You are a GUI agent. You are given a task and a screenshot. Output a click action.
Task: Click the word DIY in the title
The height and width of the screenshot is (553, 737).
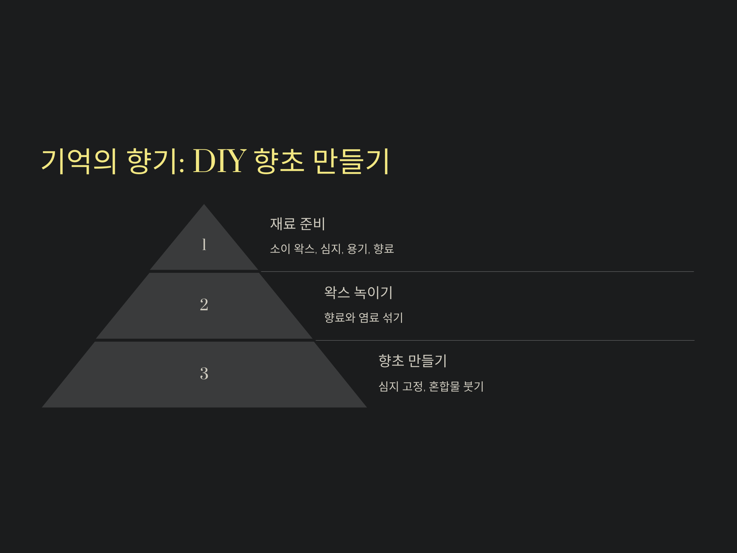pyautogui.click(x=220, y=161)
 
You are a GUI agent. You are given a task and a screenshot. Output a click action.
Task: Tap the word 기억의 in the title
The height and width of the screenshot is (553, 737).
pyautogui.click(x=79, y=161)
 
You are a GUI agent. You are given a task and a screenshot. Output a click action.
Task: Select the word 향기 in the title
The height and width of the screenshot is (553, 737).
pyautogui.click(x=152, y=161)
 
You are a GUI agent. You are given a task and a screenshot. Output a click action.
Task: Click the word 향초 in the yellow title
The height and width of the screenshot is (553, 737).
pyautogui.click(x=279, y=161)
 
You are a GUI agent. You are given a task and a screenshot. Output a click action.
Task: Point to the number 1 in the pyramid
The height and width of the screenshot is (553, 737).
pyautogui.click(x=204, y=244)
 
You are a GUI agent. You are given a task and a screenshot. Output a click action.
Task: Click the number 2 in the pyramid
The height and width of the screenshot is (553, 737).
pyautogui.click(x=204, y=305)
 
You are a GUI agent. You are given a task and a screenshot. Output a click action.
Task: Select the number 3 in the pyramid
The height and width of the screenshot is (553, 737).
pyautogui.click(x=204, y=373)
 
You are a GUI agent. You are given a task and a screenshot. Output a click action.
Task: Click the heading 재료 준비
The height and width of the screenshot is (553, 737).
pyautogui.click(x=298, y=224)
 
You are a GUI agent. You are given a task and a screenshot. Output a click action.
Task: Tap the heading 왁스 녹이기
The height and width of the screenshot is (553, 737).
pyautogui.click(x=358, y=292)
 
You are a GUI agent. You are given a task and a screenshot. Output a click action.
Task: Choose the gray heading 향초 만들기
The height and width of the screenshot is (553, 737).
pyautogui.click(x=412, y=361)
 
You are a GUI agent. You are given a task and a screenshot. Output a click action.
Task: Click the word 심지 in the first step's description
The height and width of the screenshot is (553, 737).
pyautogui.click(x=331, y=249)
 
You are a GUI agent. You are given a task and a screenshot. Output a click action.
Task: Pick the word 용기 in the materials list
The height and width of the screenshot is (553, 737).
pyautogui.click(x=357, y=249)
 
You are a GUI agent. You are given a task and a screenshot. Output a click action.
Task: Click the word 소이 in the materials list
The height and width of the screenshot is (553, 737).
pyautogui.click(x=280, y=249)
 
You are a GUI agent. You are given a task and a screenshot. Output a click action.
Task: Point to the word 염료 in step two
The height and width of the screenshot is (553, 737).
pyautogui.click(x=369, y=317)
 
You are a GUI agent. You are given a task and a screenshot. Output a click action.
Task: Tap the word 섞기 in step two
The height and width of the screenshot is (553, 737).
pyautogui.click(x=393, y=317)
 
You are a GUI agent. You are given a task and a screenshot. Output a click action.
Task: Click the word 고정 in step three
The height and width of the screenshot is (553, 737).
pyautogui.click(x=412, y=386)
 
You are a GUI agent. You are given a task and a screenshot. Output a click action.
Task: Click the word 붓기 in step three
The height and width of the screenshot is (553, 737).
pyautogui.click(x=474, y=386)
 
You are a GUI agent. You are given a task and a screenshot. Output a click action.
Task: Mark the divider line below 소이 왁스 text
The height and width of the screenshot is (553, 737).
pyautogui.click(x=477, y=272)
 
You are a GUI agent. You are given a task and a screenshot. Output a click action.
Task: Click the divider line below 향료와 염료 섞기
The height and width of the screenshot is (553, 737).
pyautogui.click(x=503, y=340)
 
